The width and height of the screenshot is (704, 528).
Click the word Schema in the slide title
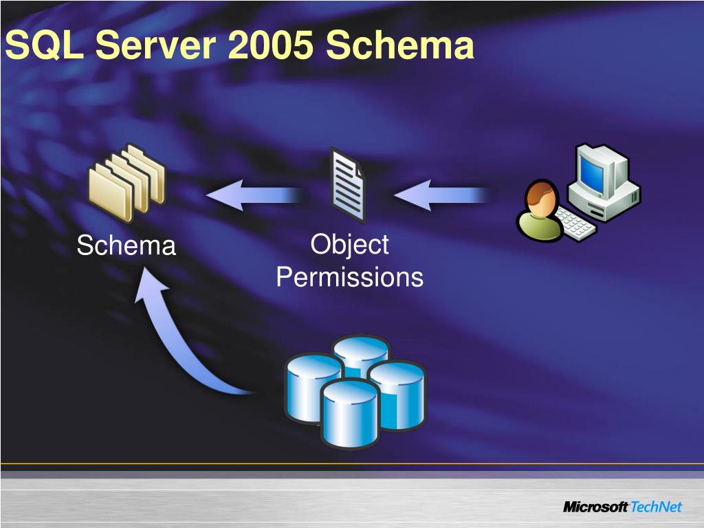[400, 47]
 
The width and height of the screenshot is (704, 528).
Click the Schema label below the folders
[126, 245]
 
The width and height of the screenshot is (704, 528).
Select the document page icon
[349, 184]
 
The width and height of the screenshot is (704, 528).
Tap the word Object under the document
[349, 245]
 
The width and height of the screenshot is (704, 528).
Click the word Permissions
[349, 278]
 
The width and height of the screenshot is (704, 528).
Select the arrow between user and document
[440, 195]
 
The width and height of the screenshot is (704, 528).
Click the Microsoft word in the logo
[595, 507]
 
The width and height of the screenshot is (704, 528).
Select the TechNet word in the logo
[656, 507]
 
